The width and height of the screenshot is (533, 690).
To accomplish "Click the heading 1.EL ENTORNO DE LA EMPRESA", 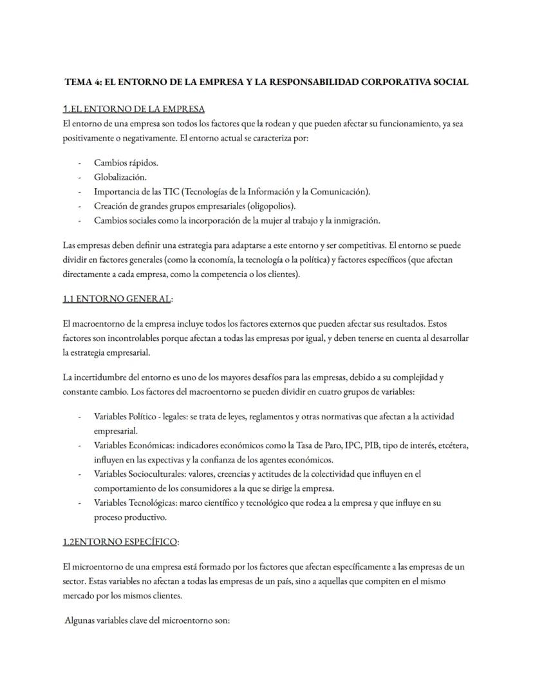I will coord(134,108).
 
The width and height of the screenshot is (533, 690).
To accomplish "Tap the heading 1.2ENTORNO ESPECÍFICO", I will coord(120,542).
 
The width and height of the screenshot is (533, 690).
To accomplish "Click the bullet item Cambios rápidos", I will coord(126,162).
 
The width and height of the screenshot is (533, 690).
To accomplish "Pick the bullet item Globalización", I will coord(120,177).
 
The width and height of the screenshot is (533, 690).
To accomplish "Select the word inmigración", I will coord(355,220).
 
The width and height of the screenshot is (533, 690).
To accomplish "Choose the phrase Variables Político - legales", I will coord(140,416).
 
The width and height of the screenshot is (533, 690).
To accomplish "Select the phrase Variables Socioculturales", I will coord(137,474).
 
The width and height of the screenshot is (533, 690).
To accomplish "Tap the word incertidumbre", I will coord(106,377).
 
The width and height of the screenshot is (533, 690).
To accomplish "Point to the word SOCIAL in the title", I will coord(452,82).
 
